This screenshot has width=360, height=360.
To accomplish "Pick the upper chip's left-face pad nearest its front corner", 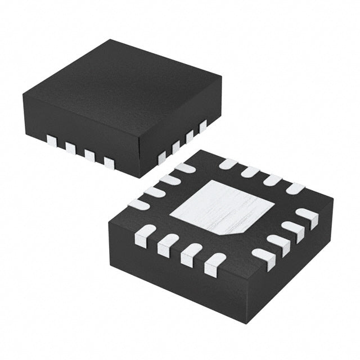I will (109, 163).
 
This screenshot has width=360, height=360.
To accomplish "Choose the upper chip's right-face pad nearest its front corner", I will (161, 157).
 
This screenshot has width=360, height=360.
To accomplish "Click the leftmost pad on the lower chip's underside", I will (139, 204).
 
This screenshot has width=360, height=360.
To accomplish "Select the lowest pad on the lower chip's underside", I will (214, 264).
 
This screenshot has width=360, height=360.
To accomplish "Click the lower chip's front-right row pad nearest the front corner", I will (263, 256).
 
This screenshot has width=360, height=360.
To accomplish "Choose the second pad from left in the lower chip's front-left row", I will (168, 244).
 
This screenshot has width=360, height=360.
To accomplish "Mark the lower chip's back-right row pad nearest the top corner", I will (228, 164).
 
